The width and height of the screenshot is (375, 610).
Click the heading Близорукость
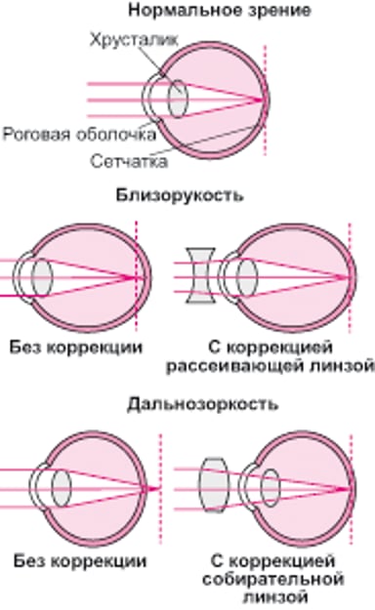click(x=187, y=195)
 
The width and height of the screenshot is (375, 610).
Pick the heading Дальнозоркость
click(x=187, y=402)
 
